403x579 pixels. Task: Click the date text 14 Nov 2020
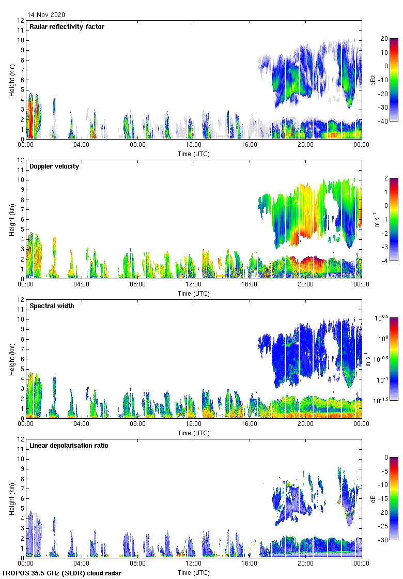click(x=46, y=15)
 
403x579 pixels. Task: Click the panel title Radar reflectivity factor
click(x=67, y=27)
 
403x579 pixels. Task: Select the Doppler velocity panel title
click(x=54, y=166)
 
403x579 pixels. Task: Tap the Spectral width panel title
click(x=53, y=306)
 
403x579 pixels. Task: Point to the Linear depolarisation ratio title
click(x=69, y=446)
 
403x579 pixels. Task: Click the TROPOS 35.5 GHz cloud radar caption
click(x=62, y=573)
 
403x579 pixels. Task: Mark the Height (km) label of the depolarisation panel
click(x=12, y=498)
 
